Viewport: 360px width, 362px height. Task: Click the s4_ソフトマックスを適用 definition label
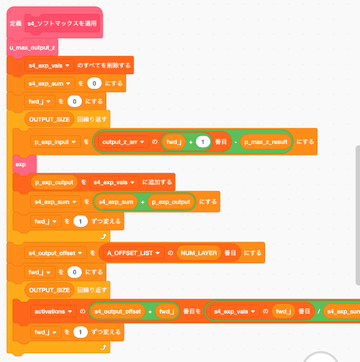point(62,24)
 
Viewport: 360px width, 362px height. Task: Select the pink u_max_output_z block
point(32,48)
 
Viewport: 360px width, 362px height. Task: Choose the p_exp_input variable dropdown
point(55,142)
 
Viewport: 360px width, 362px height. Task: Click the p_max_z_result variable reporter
point(266,142)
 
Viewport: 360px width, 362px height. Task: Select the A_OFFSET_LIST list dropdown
point(134,253)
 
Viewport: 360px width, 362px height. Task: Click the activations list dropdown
point(53,312)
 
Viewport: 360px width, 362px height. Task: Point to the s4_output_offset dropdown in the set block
point(57,253)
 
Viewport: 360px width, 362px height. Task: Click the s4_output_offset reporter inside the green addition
point(118,312)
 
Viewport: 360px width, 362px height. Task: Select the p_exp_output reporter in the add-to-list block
point(53,182)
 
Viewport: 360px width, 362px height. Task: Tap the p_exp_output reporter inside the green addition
point(171,202)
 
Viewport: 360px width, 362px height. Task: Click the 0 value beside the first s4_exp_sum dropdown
point(95,83)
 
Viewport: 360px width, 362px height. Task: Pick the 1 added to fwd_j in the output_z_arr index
point(202,142)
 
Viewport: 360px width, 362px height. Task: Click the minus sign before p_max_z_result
point(233,142)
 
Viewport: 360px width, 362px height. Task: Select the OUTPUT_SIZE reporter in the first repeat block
point(49,119)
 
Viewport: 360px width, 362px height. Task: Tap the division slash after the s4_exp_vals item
point(317,312)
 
